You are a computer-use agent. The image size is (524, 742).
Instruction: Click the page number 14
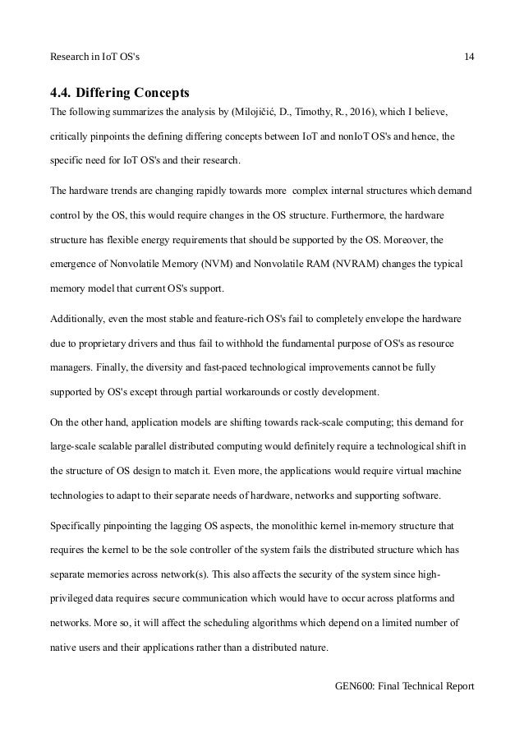point(469,57)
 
